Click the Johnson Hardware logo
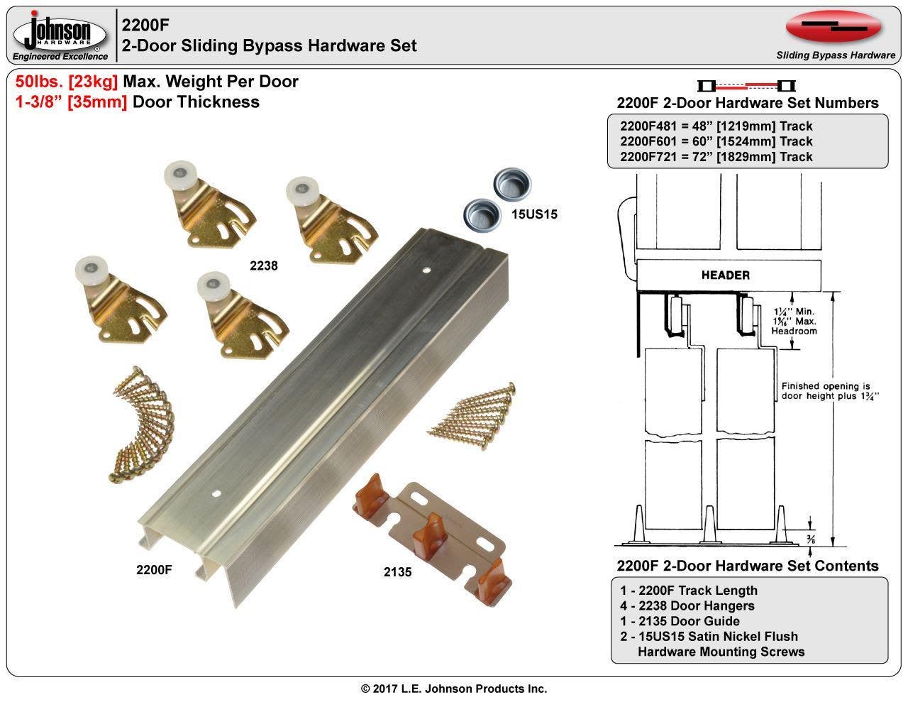pos(60,34)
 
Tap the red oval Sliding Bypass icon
pos(834,28)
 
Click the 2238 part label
pos(263,266)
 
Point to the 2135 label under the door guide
pos(397,571)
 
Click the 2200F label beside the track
pos(154,569)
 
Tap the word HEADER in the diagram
pos(725,275)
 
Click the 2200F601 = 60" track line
pos(716,141)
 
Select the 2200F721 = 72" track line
pos(716,157)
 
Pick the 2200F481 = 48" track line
pos(716,126)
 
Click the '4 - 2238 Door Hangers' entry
pos(687,605)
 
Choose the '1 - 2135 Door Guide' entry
pos(680,621)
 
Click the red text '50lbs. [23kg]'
pos(67,82)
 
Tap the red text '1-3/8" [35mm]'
pos(71,102)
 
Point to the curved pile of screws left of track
pos(138,429)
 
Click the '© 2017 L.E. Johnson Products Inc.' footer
pos(454,689)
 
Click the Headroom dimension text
pos(794,322)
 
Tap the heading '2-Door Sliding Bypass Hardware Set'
pos(269,45)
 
